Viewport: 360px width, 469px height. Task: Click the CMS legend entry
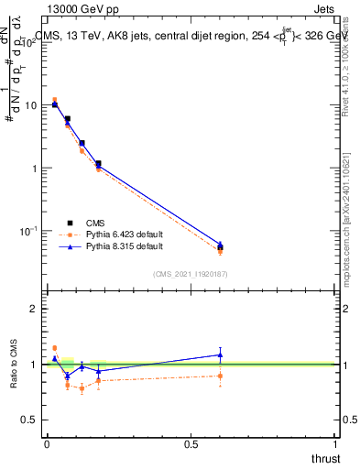click(x=95, y=222)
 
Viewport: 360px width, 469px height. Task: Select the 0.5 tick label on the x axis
click(x=191, y=444)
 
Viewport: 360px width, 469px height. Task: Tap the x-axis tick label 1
click(x=336, y=444)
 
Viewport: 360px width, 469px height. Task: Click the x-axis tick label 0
click(x=47, y=444)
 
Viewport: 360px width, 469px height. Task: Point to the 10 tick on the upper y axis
click(x=30, y=105)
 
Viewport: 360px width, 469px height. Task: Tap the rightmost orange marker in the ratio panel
click(x=220, y=376)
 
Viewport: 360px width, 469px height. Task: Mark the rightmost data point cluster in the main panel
click(x=220, y=246)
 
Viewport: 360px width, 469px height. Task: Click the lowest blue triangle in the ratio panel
click(x=67, y=376)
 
